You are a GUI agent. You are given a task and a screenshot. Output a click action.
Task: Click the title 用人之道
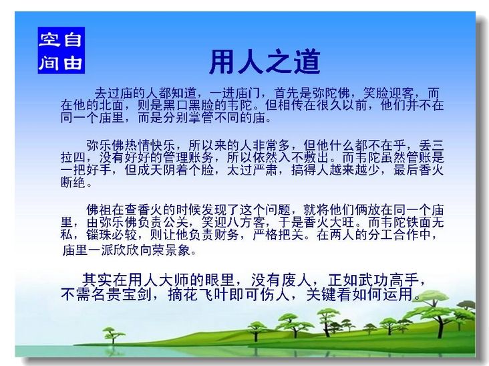pyautogui.click(x=265, y=62)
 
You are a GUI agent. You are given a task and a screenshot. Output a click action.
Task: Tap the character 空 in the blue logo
pyautogui.click(x=49, y=39)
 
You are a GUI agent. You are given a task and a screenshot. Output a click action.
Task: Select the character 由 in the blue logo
pyautogui.click(x=73, y=62)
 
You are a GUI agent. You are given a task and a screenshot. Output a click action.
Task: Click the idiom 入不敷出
pyautogui.click(x=303, y=157)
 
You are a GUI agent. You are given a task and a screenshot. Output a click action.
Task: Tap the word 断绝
pyautogui.click(x=73, y=182)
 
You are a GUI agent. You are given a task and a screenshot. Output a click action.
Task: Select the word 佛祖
pyautogui.click(x=99, y=210)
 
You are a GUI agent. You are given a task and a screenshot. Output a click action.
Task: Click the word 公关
pyautogui.click(x=176, y=222)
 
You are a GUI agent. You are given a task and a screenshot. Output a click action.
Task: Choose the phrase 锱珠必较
pyautogui.click(x=112, y=235)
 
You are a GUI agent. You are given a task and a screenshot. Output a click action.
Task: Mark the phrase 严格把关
pyautogui.click(x=277, y=235)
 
